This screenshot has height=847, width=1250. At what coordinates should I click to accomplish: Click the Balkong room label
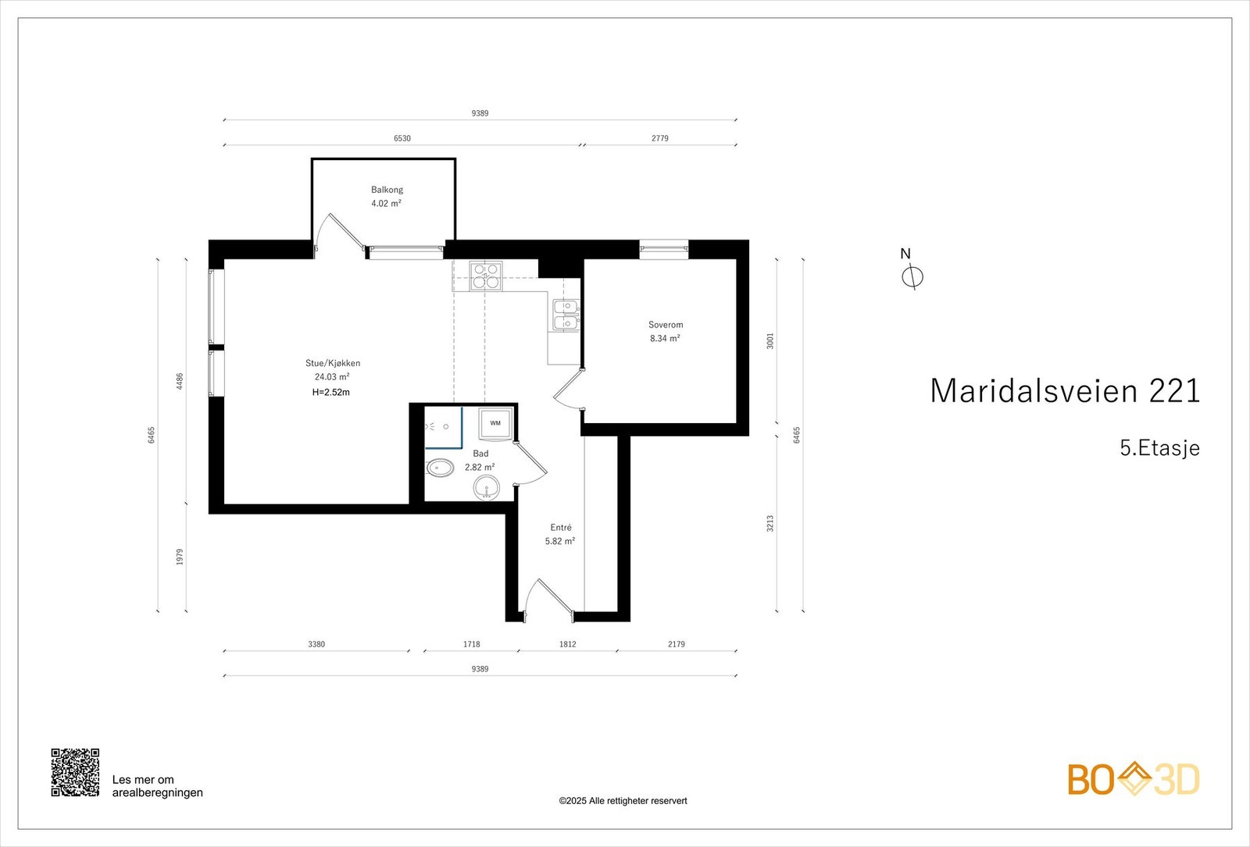(387, 190)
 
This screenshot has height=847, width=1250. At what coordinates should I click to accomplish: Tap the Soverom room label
(665, 325)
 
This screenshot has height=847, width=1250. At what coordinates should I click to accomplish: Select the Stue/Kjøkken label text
(333, 363)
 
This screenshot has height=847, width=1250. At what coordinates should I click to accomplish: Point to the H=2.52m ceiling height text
(331, 393)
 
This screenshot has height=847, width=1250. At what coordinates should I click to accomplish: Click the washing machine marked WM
(495, 423)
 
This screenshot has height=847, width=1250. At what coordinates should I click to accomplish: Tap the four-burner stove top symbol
(486, 276)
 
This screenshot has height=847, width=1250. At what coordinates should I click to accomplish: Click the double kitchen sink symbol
(566, 315)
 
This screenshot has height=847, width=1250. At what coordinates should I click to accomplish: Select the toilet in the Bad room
(440, 468)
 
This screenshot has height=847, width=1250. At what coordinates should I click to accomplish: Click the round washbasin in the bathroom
(486, 489)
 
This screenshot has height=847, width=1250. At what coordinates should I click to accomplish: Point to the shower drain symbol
(445, 427)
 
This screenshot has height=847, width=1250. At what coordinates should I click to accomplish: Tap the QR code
(75, 772)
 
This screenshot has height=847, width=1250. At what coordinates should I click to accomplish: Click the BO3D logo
(1133, 779)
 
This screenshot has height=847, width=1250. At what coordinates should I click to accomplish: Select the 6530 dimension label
(402, 138)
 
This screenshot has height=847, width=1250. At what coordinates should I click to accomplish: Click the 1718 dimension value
(471, 644)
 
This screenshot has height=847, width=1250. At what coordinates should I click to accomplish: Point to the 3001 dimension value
(770, 341)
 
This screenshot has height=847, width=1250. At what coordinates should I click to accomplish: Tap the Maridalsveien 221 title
(1064, 391)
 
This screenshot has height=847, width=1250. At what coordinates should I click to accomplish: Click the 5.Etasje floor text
(1159, 448)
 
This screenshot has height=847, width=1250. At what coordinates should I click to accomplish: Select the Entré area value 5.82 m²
(560, 541)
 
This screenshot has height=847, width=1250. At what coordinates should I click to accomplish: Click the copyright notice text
(623, 801)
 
